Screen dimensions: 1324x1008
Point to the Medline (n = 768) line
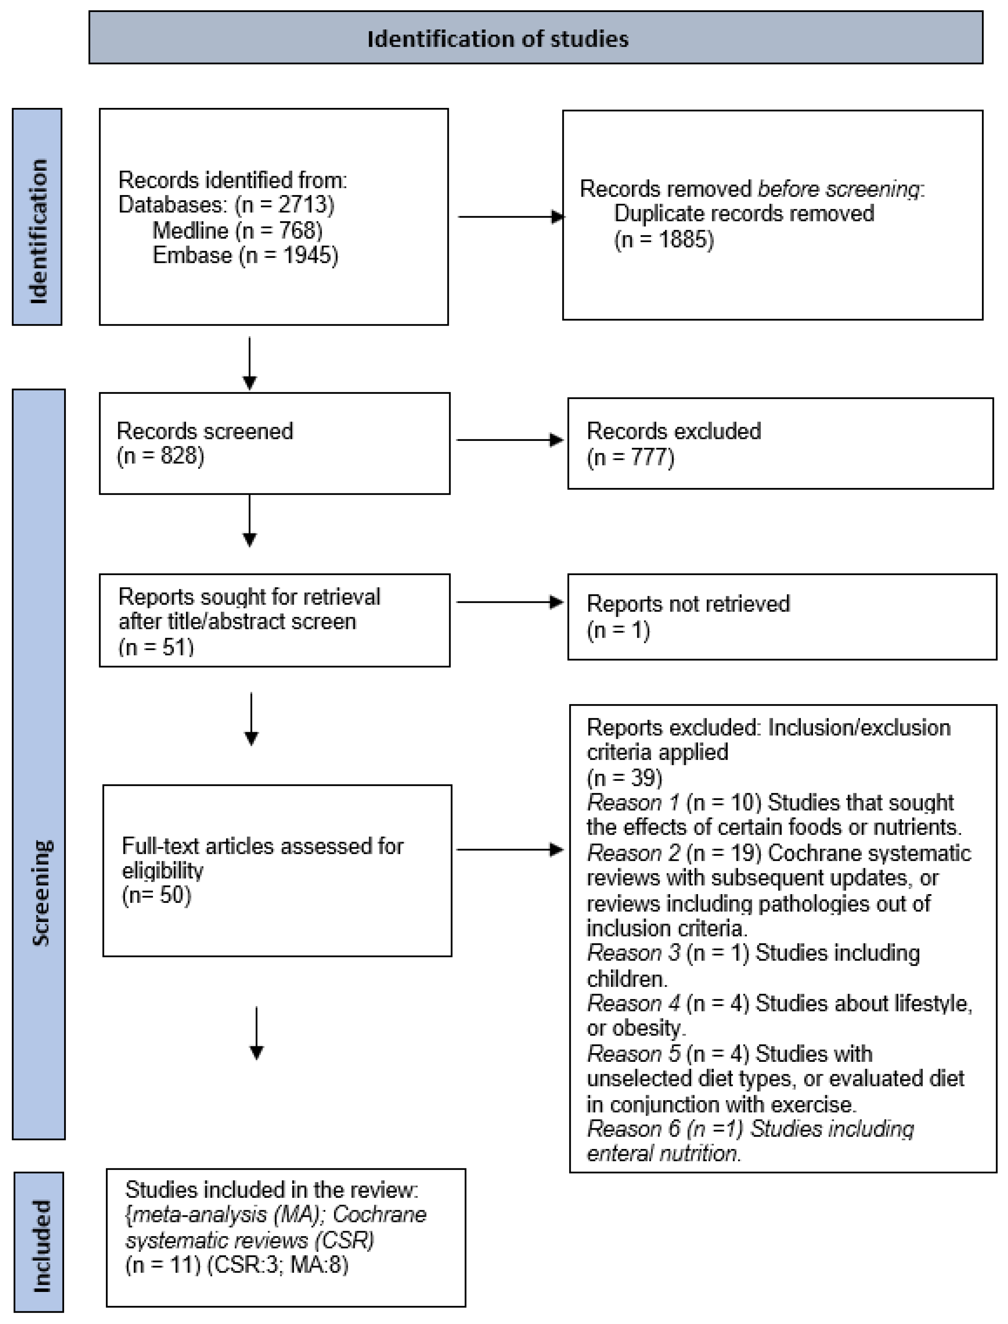point(237,230)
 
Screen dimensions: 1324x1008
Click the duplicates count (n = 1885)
point(664,240)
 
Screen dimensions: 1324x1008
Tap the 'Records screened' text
point(205,431)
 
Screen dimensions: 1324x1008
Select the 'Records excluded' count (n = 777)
point(631,457)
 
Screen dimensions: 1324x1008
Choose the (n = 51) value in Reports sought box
point(156,647)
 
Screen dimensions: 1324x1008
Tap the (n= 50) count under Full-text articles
point(157,896)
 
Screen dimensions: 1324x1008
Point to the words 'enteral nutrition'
point(663,1154)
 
